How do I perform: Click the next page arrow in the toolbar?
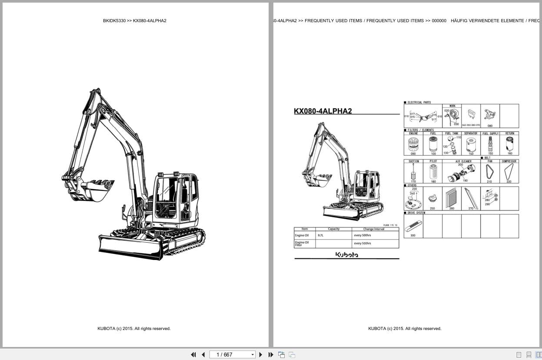(x=261, y=355)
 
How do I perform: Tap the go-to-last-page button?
(x=271, y=355)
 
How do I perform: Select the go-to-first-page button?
(x=193, y=355)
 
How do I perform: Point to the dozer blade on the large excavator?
(x=130, y=247)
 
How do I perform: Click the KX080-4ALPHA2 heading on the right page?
(x=323, y=111)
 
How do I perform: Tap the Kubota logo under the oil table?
(x=346, y=255)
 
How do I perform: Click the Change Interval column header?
(x=374, y=229)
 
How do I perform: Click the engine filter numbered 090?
(x=413, y=144)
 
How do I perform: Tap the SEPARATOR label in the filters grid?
(x=471, y=133)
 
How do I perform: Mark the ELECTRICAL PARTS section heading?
(x=419, y=103)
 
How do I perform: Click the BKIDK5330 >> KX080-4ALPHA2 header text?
(x=135, y=21)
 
